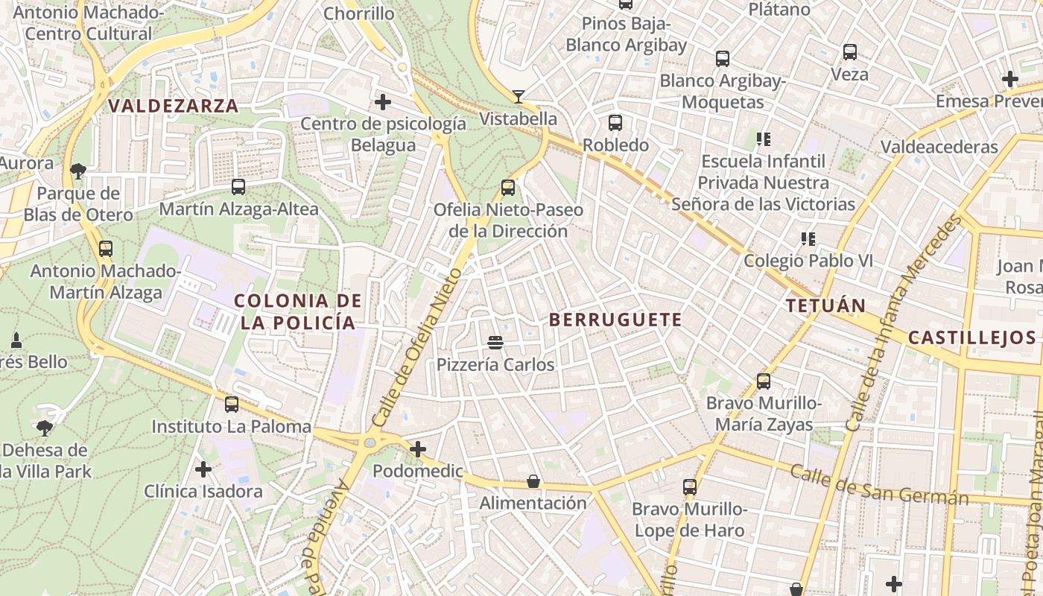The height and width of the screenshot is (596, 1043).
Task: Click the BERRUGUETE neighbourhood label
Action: [x=615, y=320]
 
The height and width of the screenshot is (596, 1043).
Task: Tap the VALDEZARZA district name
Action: [x=174, y=106]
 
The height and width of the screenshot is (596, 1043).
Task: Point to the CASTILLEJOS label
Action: [x=971, y=337]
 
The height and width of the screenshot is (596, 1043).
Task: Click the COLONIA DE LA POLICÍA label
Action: [x=298, y=311]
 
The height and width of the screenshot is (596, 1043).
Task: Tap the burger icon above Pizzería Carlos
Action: [x=495, y=343]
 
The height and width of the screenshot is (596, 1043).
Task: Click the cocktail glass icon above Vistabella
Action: [x=519, y=96]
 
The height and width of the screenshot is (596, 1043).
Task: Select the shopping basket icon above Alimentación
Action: [x=533, y=481]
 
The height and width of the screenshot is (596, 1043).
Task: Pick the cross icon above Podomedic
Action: [x=418, y=449]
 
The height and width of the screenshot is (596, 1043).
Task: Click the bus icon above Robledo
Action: [x=615, y=123]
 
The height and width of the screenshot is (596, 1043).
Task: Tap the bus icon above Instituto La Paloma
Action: [x=232, y=405]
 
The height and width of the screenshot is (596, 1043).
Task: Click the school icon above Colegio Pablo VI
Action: [x=808, y=239]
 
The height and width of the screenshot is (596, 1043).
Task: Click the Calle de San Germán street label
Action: [x=879, y=485]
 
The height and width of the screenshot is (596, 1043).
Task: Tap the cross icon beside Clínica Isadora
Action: [x=203, y=469]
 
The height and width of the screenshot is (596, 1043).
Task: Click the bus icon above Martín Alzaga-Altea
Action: [x=238, y=187]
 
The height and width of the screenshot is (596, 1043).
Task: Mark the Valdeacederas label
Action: [x=939, y=147]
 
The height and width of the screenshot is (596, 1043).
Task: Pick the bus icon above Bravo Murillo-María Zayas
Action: [x=764, y=381]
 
